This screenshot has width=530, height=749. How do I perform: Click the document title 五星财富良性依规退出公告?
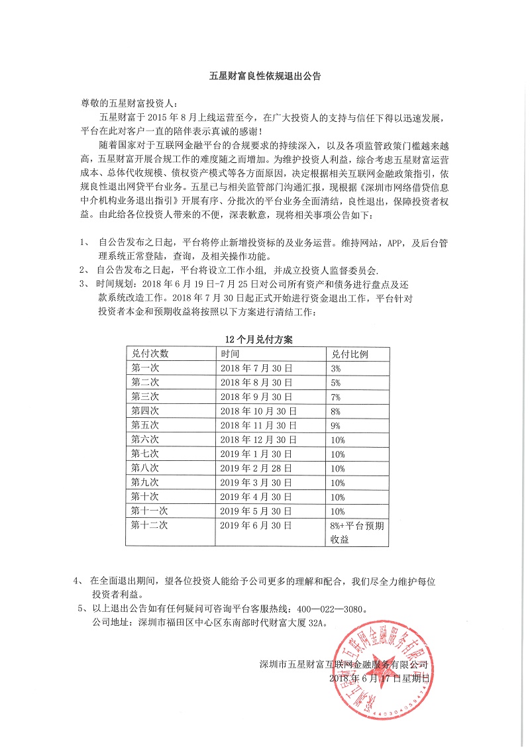[264, 77]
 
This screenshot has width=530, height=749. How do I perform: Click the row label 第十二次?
[150, 525]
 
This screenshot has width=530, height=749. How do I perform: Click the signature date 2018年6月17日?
[379, 678]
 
